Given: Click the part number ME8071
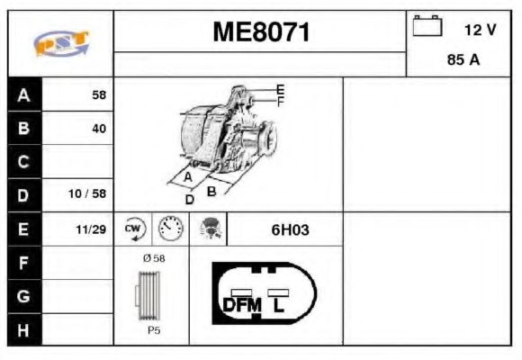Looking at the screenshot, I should coord(260,32).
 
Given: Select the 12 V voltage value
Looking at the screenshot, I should coord(480,30).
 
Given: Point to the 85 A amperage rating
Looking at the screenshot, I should coord(463,61).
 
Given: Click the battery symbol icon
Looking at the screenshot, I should coord(427,27).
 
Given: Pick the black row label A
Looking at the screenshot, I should coord(23,94).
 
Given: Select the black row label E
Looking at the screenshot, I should coord(23,229).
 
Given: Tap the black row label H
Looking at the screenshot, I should coord(23,329).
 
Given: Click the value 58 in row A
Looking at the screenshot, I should coord(98,94).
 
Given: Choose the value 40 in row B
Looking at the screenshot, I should coord(98,129).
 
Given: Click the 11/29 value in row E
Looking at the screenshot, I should coord(92,229).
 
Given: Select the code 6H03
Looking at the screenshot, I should coord(290,229).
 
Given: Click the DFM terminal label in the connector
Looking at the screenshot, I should coord(240,304).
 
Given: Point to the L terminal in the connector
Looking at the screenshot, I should coord(280,304).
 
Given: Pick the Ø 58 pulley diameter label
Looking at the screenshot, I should coord(154,258).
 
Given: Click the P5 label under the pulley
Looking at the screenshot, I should coord(154,330).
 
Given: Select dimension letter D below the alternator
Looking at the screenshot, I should coord(189,199).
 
